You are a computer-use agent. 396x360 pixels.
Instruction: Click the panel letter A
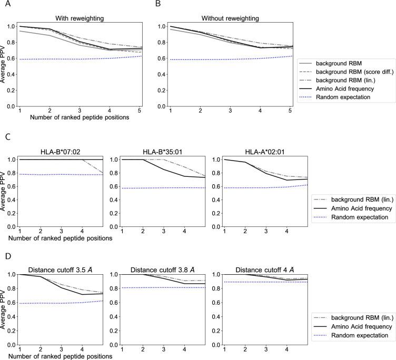(x=4, y=4)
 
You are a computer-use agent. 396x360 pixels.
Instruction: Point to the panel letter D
(x=4, y=257)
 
